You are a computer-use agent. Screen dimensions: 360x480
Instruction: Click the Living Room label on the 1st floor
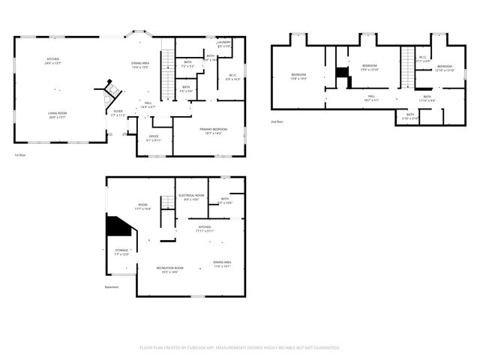click(x=58, y=115)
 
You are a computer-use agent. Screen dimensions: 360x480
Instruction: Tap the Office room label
click(x=154, y=138)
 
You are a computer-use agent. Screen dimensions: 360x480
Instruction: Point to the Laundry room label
click(x=224, y=43)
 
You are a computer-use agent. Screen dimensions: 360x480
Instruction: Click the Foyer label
click(x=118, y=113)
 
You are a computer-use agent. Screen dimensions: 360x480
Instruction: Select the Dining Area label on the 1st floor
click(x=140, y=64)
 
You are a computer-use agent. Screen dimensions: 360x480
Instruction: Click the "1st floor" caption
click(x=21, y=155)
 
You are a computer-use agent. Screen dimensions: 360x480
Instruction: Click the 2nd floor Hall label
click(x=371, y=97)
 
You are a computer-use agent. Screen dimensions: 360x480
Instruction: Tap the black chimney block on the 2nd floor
click(x=342, y=72)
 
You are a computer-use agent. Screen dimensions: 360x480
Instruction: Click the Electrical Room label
click(x=189, y=197)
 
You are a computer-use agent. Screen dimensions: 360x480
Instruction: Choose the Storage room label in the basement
click(x=121, y=253)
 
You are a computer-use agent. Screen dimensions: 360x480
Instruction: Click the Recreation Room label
click(x=169, y=270)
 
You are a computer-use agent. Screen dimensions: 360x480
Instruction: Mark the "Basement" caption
click(x=112, y=286)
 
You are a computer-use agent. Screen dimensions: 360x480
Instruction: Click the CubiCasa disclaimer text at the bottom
click(x=240, y=347)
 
